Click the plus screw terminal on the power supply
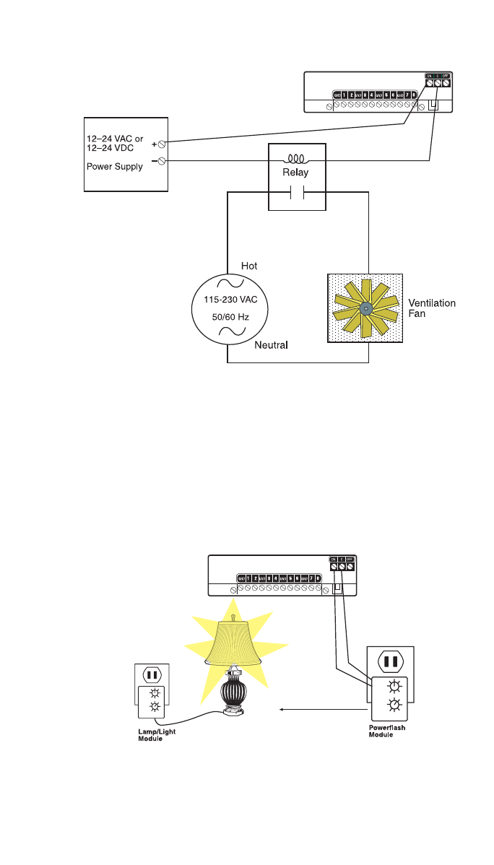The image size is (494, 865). pos(162,144)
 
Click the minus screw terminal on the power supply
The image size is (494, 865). pos(162,161)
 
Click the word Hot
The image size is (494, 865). pos(249,266)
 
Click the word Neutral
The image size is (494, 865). pos(271,345)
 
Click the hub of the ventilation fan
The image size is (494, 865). pos(365,308)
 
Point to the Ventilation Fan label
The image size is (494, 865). pos(432,308)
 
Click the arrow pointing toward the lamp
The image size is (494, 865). pos(318,709)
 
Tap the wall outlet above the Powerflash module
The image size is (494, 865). pos(391,661)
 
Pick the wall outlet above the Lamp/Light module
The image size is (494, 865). pos(152,675)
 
